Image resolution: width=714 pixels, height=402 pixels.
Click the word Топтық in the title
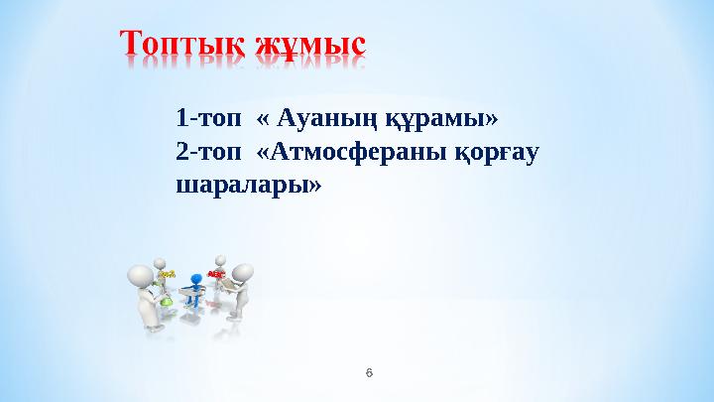pos(184,44)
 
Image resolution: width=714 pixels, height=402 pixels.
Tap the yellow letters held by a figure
pos(168,274)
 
